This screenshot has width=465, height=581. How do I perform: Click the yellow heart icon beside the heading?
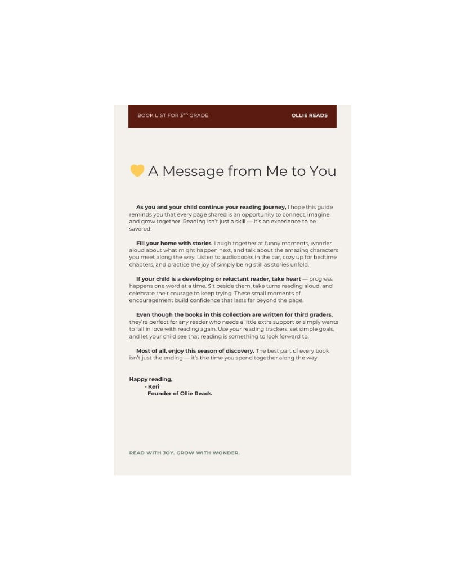pos(137,170)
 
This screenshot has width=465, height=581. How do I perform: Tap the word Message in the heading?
pos(192,172)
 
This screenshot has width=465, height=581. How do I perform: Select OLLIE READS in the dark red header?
pos(309,115)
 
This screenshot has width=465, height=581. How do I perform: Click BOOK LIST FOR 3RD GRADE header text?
pos(173,115)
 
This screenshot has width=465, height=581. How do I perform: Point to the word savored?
pos(140,229)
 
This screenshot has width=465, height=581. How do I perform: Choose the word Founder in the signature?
pos(159,394)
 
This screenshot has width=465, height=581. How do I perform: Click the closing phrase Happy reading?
pos(150,379)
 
